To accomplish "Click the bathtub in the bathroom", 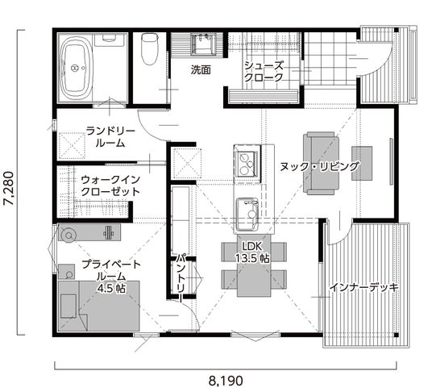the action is [x=75, y=68].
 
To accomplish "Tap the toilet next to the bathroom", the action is [x=150, y=48].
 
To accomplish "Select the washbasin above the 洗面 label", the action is [x=203, y=44].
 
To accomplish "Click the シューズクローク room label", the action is [x=264, y=72].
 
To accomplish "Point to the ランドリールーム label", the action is [x=110, y=137].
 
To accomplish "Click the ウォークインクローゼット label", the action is [x=110, y=186].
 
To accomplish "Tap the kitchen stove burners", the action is [x=247, y=164].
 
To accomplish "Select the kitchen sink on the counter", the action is [x=247, y=214].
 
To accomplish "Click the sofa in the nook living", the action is [x=322, y=163].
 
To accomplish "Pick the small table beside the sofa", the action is [x=362, y=163].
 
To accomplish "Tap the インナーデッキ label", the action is [x=363, y=287].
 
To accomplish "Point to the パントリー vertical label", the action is [x=181, y=277].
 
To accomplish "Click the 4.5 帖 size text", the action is [x=111, y=288].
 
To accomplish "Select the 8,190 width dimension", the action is [x=226, y=381].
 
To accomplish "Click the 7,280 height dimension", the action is [x=8, y=188].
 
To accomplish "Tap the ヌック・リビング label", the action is [x=320, y=166].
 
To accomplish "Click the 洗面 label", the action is [x=201, y=70].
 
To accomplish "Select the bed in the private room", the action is [x=99, y=306].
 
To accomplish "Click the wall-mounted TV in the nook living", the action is [x=391, y=161].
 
